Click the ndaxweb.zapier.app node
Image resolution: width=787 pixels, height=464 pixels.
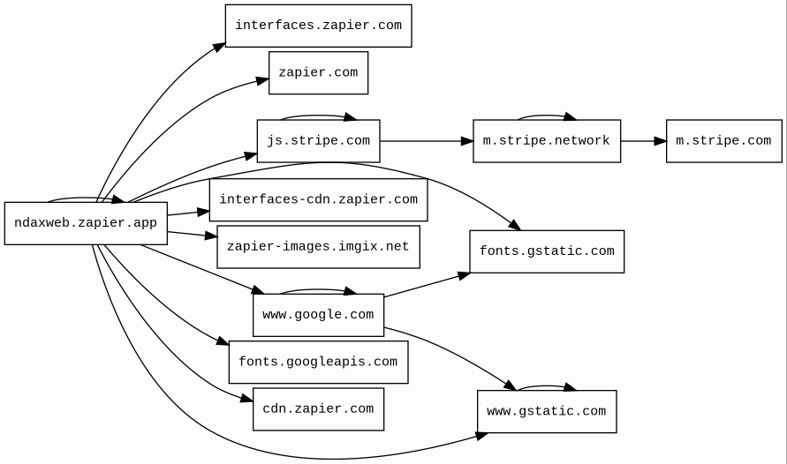(x=86, y=223)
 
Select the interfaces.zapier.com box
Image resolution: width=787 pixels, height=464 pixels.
(x=318, y=26)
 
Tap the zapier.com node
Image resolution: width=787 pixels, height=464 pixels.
(x=318, y=72)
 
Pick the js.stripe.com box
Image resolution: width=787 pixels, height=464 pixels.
(x=318, y=141)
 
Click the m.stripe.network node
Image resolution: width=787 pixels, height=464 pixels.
(x=546, y=141)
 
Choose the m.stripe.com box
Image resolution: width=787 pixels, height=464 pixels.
(x=723, y=141)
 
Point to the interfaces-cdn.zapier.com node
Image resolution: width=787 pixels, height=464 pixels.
(x=318, y=200)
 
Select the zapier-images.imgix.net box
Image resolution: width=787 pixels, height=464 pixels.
(x=318, y=247)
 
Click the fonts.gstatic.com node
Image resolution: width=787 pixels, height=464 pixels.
(x=546, y=251)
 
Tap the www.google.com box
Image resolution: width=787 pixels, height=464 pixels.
(x=318, y=315)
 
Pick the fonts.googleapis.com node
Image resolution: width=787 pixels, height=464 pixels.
(x=318, y=362)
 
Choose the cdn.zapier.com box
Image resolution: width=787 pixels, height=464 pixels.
(x=318, y=409)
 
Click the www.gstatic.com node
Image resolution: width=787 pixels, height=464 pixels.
(x=546, y=412)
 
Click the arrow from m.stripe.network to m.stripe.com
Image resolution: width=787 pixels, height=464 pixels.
(x=643, y=141)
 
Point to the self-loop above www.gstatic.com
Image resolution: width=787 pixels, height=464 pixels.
(x=546, y=386)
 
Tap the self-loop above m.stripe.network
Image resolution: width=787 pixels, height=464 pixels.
(x=546, y=116)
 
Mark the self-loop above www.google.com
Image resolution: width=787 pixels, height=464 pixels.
(x=318, y=289)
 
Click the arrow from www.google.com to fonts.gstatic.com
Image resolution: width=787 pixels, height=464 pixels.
(x=428, y=285)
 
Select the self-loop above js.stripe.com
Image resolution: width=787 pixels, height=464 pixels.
(x=318, y=116)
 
